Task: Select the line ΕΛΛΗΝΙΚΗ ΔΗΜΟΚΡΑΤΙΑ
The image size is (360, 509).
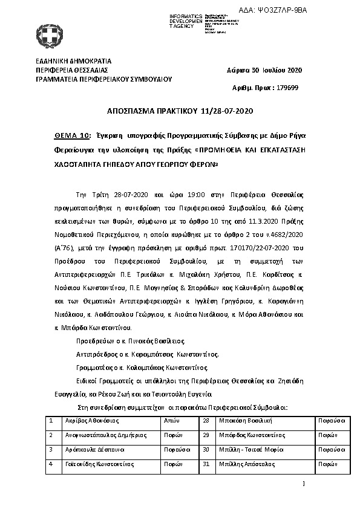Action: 74,62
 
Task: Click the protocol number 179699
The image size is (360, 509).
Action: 286,88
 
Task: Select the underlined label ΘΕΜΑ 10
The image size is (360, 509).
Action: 68,136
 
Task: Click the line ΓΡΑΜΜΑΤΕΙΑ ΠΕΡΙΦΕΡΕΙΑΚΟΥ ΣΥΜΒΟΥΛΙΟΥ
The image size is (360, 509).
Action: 104,79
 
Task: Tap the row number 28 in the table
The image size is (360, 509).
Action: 206,420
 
